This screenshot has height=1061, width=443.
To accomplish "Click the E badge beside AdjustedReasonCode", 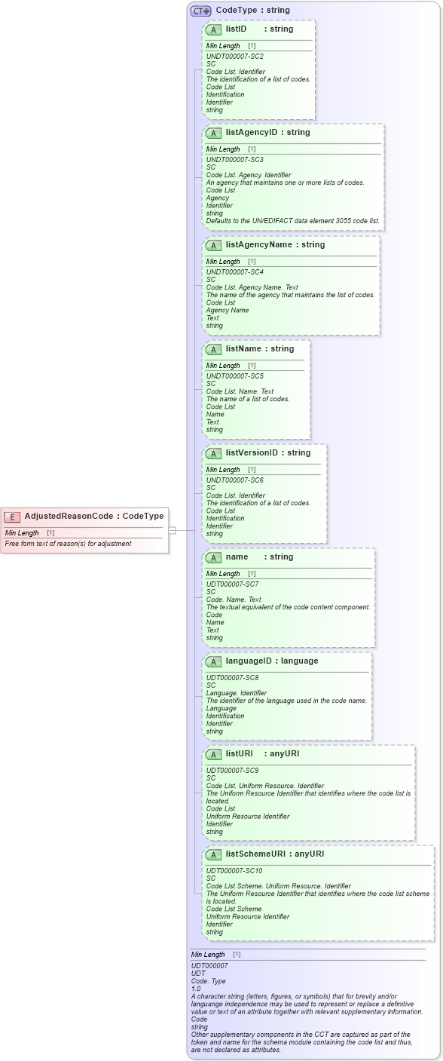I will [11, 517].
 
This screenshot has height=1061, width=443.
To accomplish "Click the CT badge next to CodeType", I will [200, 11].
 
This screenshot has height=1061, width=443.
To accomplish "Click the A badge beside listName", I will [213, 349].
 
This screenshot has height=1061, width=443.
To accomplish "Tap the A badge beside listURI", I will [213, 754].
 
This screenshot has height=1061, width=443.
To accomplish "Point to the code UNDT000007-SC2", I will [234, 57].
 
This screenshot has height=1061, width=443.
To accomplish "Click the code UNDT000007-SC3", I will [234, 160].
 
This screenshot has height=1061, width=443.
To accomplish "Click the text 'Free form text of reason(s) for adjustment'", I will [68, 544].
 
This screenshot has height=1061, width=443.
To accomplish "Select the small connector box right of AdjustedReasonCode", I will [172, 530].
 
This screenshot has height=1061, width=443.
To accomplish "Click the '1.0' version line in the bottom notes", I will [196, 989].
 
